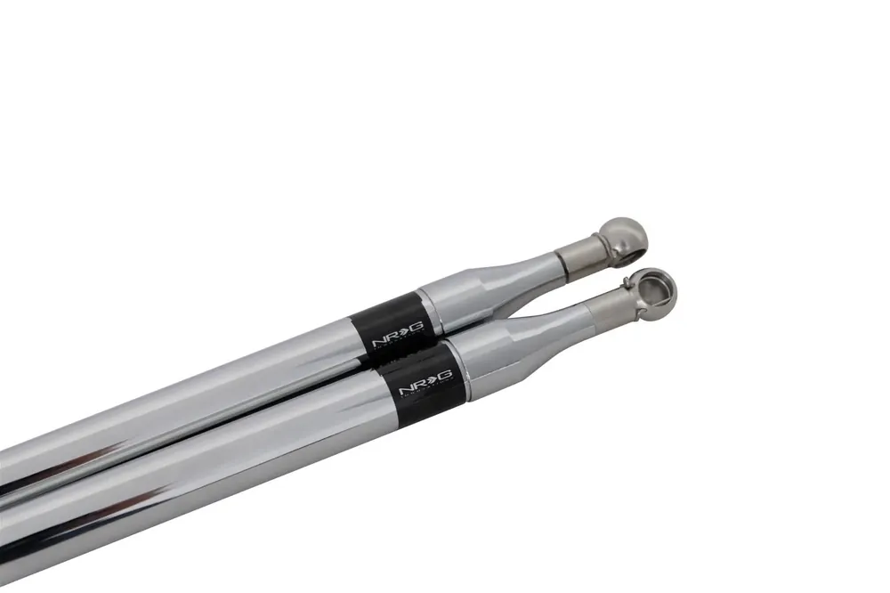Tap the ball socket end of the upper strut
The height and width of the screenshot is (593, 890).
[622, 236]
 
